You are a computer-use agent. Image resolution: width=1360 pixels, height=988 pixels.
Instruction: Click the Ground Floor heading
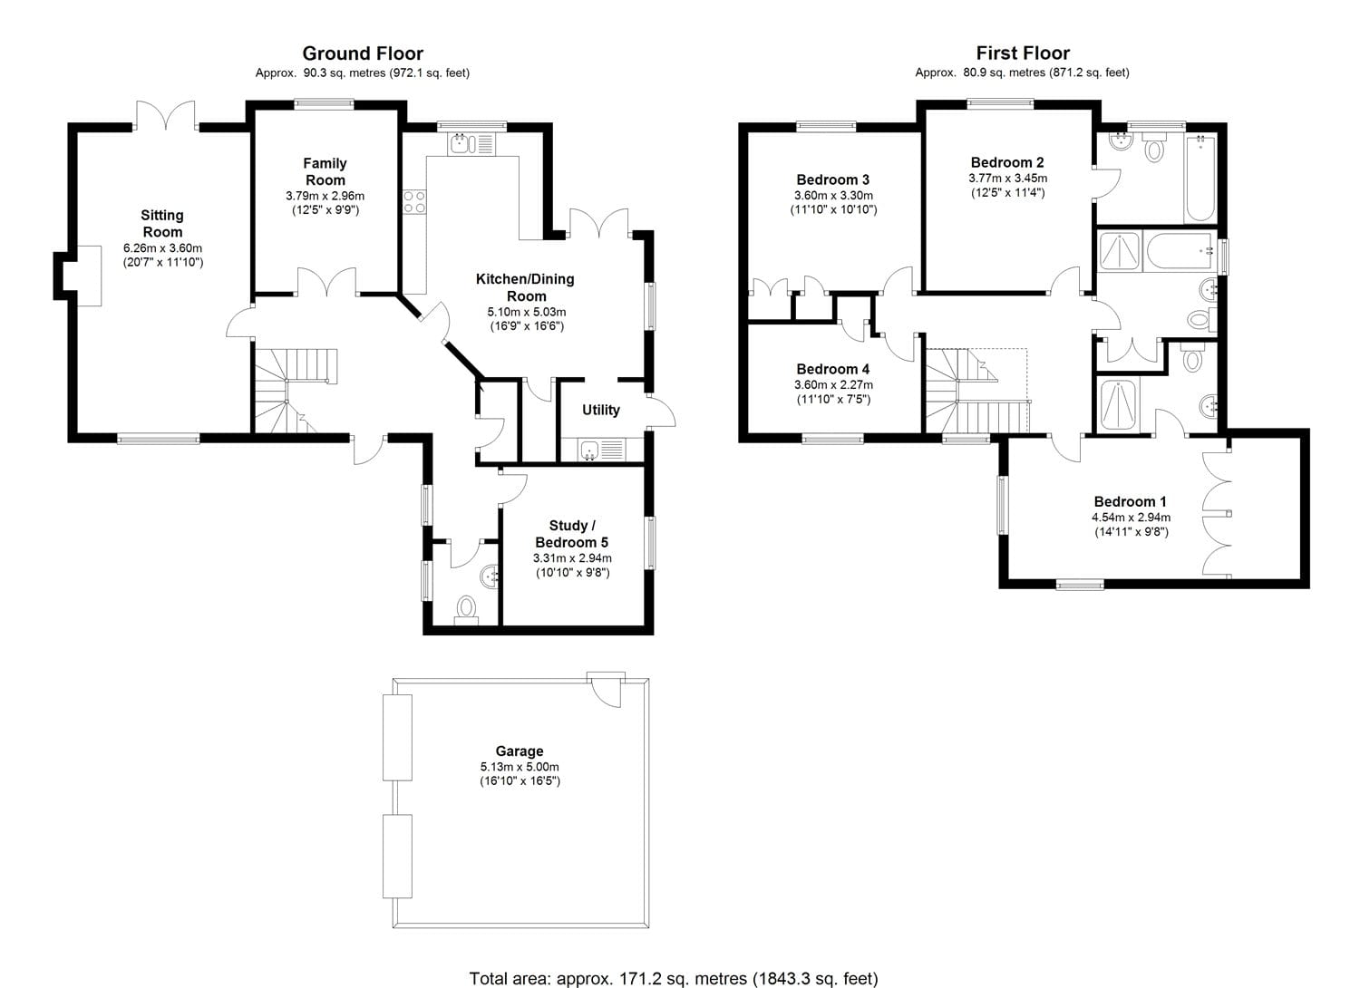362,53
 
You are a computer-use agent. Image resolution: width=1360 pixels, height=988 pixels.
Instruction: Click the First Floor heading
1022,53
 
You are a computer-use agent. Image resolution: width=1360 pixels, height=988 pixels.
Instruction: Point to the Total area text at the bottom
673,978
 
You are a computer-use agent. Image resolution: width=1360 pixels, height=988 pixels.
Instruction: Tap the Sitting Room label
162,223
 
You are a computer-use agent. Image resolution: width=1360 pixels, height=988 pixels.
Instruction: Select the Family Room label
325,171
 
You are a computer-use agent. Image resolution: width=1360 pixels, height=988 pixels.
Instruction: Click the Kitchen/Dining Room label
525,287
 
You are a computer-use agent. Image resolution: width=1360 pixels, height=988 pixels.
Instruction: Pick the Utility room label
600,410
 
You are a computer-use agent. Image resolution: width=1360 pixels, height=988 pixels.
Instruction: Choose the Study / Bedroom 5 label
572,534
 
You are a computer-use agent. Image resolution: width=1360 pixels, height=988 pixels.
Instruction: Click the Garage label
520,751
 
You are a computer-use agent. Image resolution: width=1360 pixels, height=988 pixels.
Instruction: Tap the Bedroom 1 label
1130,501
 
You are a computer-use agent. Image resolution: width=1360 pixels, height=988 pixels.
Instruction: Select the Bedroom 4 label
832,369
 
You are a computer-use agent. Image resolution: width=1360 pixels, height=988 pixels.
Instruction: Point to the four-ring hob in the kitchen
414,202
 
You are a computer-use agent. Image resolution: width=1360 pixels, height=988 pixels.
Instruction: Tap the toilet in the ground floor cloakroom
467,608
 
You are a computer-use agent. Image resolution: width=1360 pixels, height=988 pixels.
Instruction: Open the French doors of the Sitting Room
166,114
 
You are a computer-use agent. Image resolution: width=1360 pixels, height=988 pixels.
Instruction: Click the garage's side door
605,688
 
